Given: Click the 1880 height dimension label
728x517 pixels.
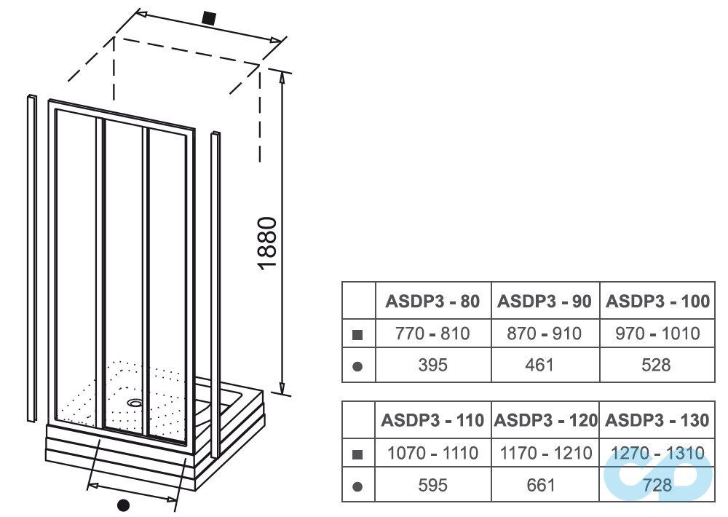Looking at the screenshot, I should click(x=268, y=242).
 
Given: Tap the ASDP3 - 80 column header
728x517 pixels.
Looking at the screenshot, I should click(x=432, y=301).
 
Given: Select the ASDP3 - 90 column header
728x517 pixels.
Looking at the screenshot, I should click(x=545, y=301).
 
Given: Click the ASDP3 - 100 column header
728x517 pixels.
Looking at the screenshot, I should click(x=657, y=301).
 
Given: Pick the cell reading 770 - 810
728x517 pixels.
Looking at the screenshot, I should click(x=432, y=334).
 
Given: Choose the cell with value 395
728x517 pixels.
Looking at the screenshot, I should click(x=432, y=365).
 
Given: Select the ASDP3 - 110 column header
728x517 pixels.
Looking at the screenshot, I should click(x=432, y=420).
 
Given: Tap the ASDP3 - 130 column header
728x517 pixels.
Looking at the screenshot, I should click(x=657, y=420).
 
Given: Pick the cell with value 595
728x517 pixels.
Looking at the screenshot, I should click(x=432, y=484).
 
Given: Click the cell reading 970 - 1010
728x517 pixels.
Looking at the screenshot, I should click(x=657, y=334).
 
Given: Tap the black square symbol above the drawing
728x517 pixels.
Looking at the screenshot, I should click(x=209, y=18).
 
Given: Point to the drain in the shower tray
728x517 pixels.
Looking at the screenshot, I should click(x=135, y=401).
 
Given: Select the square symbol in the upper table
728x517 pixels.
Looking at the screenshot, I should click(x=357, y=335).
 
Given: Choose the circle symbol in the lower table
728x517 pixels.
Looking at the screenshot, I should click(x=357, y=485).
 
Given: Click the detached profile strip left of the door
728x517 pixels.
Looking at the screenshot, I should click(x=31, y=258).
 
